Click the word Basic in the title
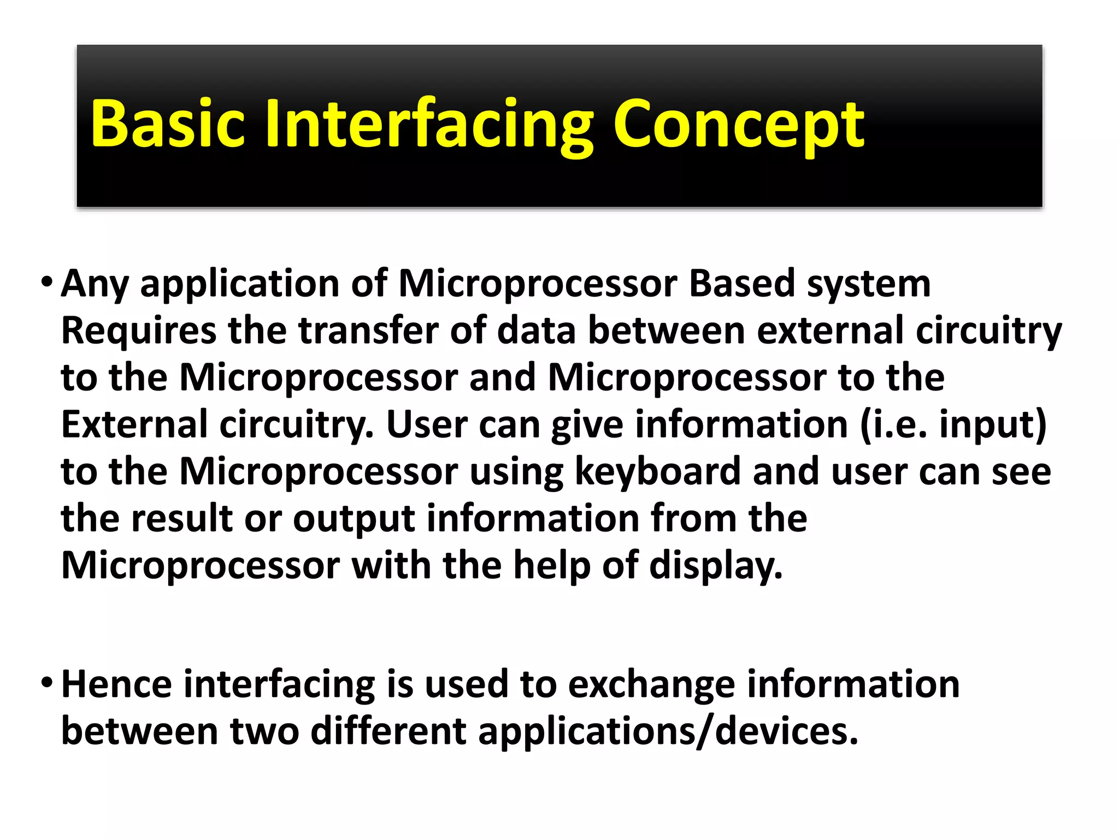[167, 124]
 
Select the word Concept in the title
[739, 124]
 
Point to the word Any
[94, 284]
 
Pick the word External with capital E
[134, 425]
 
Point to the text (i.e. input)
[953, 425]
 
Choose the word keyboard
[657, 472]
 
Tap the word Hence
[116, 684]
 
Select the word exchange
[651, 684]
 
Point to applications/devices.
[668, 731]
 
